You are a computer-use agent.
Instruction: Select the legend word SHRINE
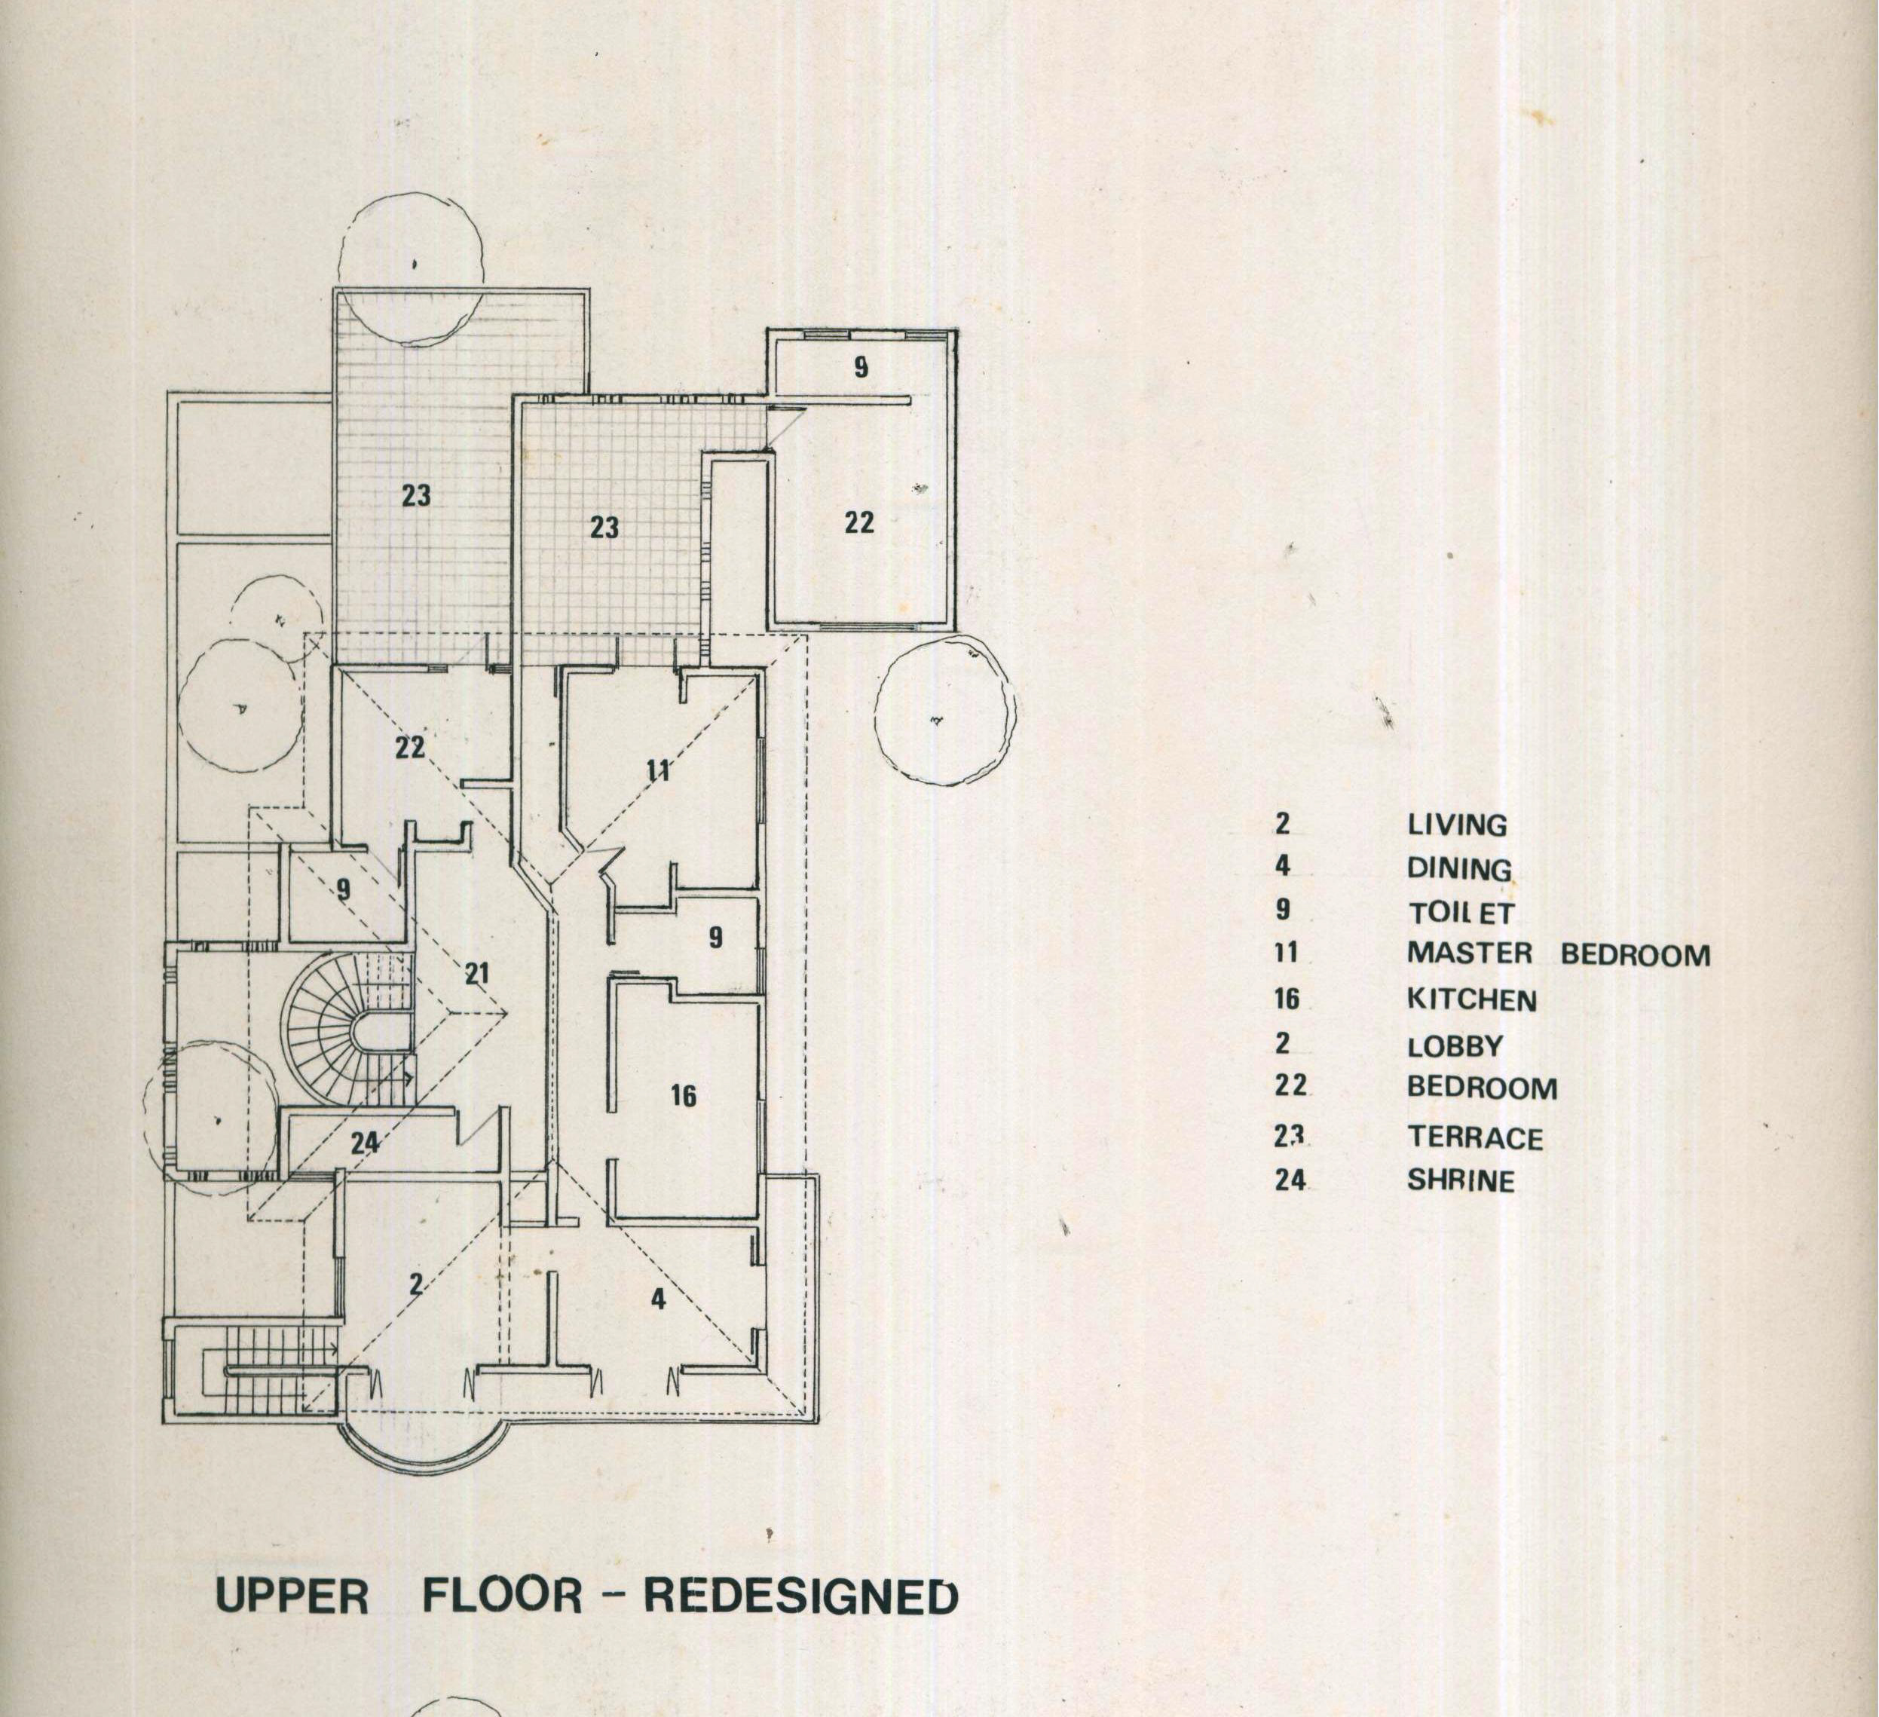(x=1461, y=1181)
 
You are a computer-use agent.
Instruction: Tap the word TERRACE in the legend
(x=1474, y=1138)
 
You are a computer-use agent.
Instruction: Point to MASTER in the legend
(x=1469, y=953)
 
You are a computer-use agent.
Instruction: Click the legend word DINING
(x=1458, y=869)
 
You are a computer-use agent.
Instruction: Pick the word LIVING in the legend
(x=1456, y=825)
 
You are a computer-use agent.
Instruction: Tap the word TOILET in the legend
(x=1461, y=913)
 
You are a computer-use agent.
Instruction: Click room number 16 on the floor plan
(x=683, y=1095)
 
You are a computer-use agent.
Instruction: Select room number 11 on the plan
(x=658, y=770)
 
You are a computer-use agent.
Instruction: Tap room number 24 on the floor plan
(x=365, y=1143)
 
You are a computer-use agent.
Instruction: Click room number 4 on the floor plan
(x=658, y=1299)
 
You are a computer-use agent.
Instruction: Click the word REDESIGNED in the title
(x=800, y=1596)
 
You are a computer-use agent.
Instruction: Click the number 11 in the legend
(x=1285, y=953)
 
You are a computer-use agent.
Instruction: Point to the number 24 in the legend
(x=1290, y=1180)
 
